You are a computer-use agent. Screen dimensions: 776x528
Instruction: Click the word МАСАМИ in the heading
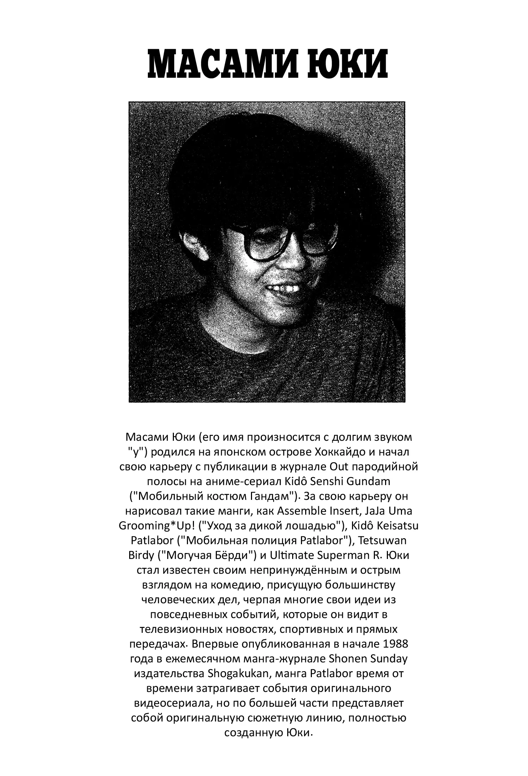[x=221, y=64]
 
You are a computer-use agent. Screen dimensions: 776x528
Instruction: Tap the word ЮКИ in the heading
[x=347, y=64]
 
